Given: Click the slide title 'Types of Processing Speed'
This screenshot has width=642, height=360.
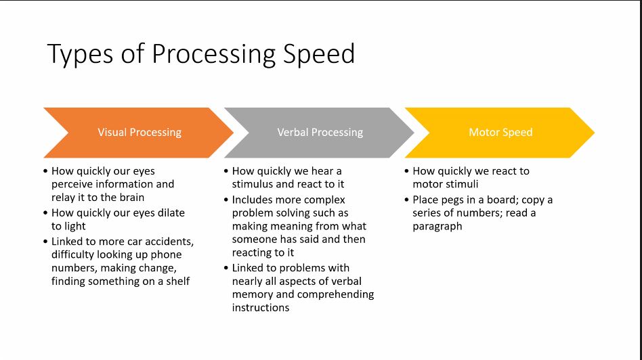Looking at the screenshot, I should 201,54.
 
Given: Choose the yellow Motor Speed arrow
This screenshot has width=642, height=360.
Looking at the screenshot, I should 500,133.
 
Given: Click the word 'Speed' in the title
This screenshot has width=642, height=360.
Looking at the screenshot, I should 318,54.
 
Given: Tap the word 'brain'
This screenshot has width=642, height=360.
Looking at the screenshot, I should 130,198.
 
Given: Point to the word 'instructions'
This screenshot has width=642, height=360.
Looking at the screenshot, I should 261,307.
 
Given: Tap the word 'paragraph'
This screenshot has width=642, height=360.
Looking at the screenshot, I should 437,226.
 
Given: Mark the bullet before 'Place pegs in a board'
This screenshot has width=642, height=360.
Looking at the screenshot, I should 406,200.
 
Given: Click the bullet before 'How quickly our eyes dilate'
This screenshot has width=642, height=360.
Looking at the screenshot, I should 45,212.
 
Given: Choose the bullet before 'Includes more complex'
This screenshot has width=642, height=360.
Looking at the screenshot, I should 226,200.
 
